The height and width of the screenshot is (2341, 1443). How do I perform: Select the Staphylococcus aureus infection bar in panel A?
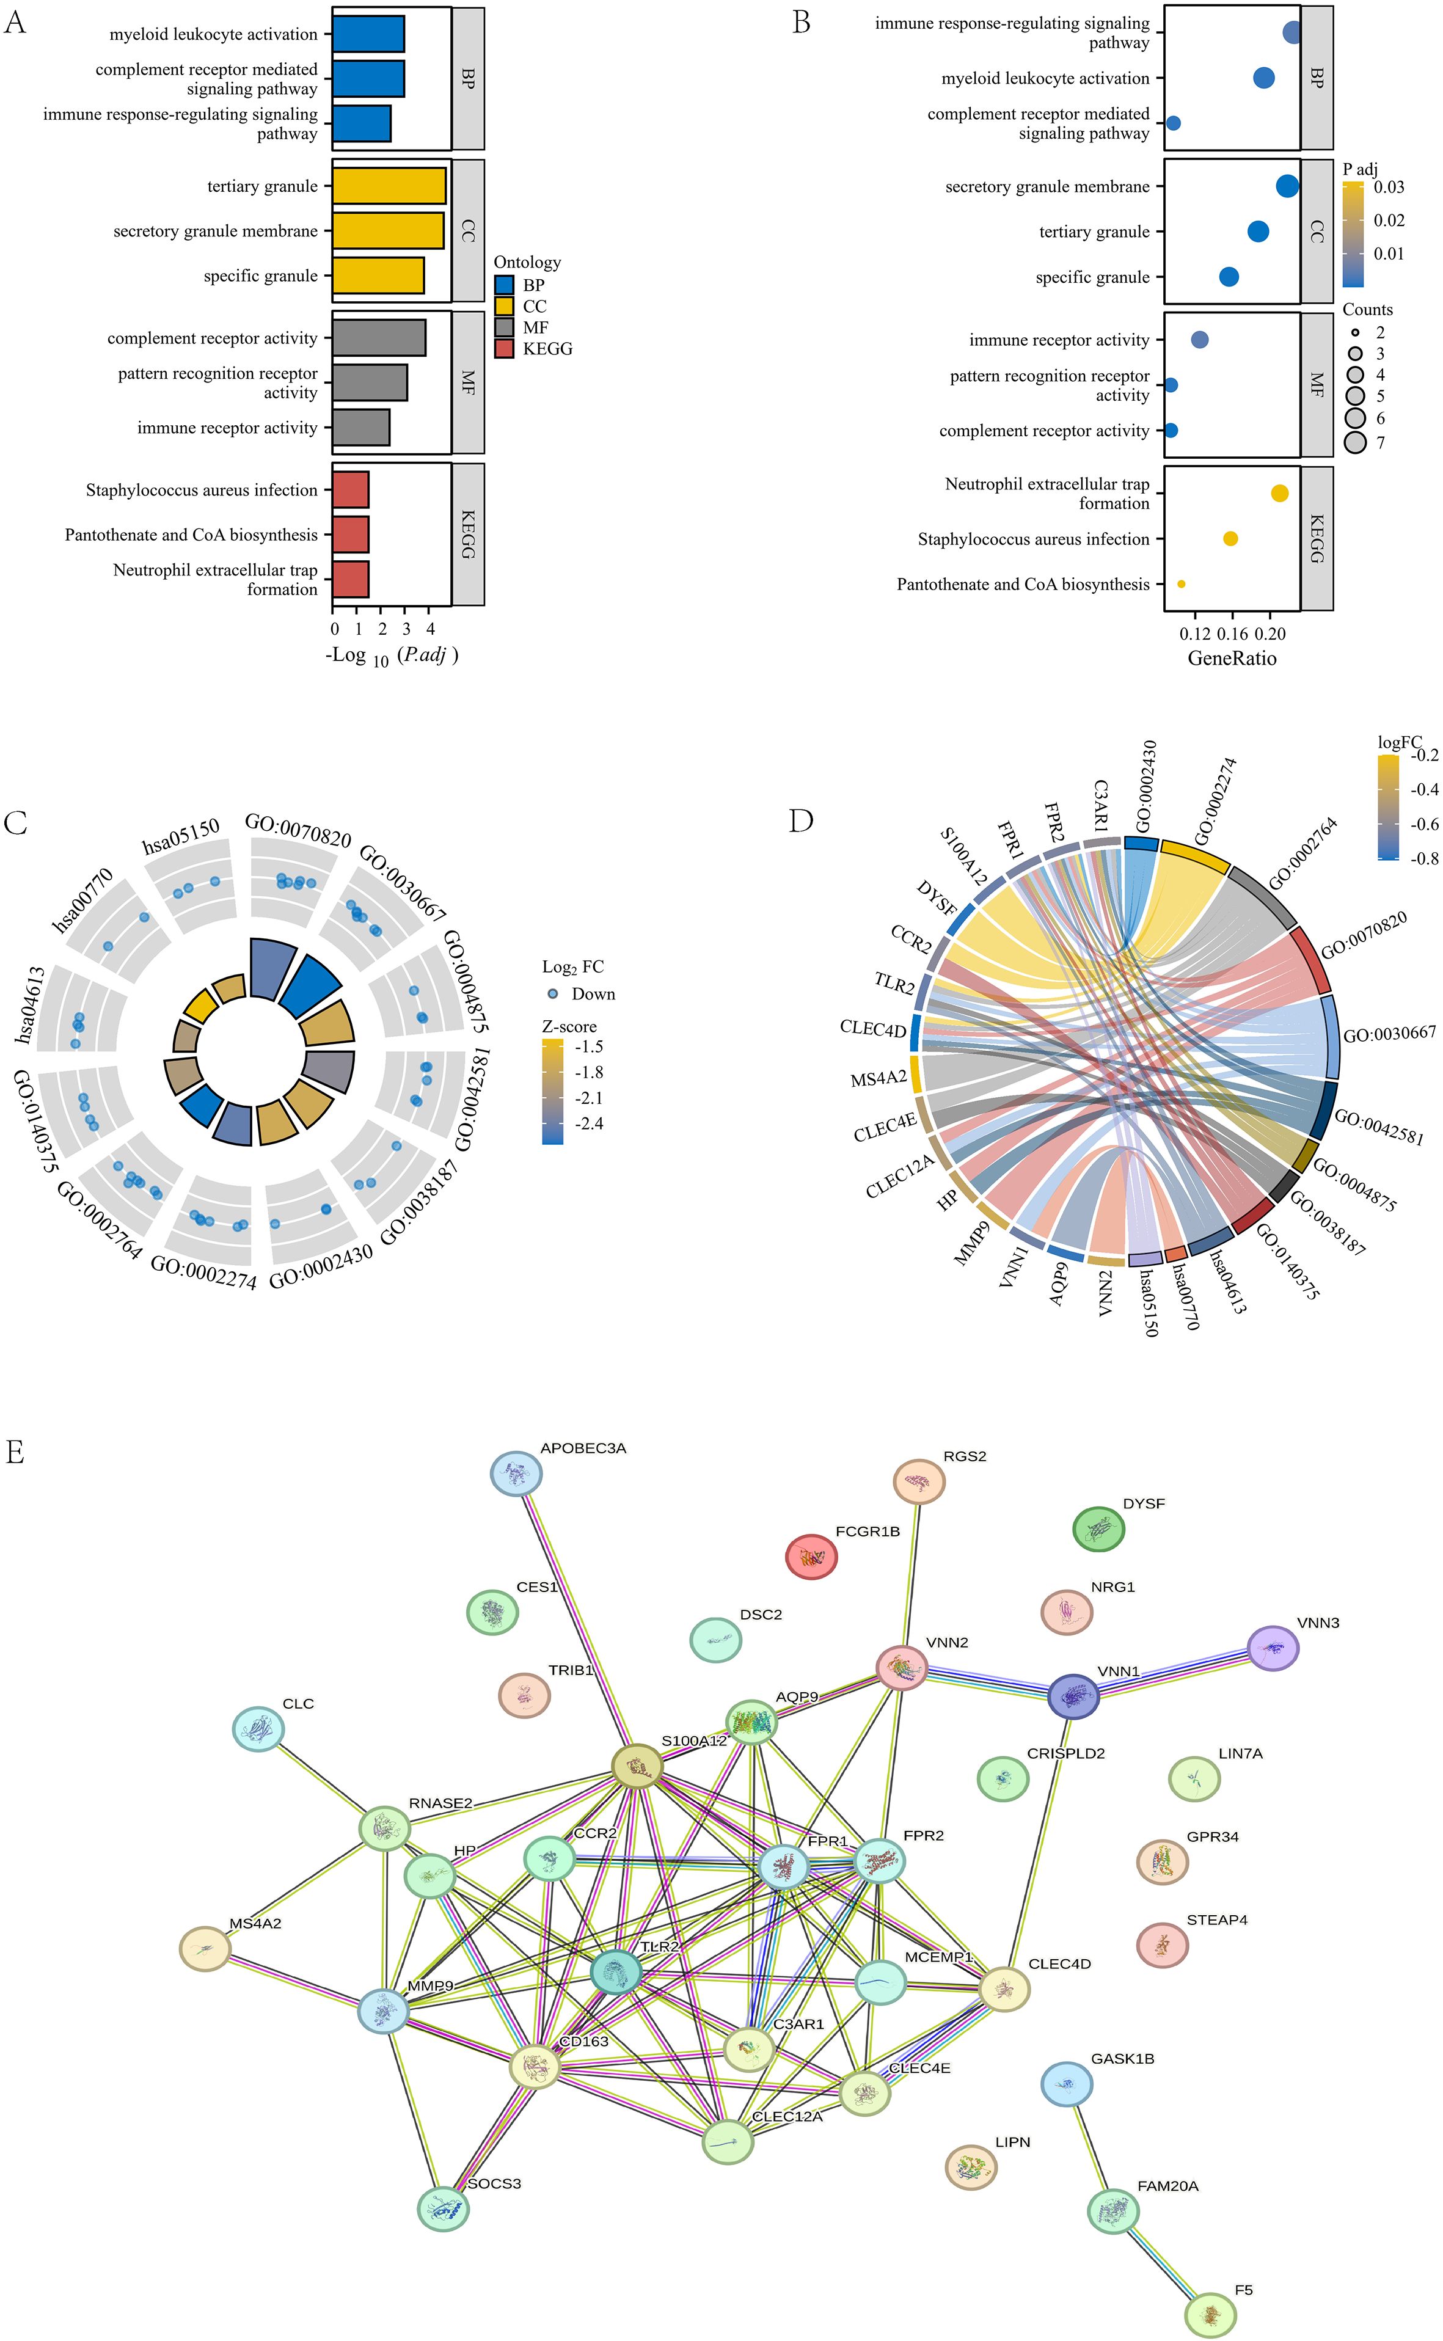pos(350,489)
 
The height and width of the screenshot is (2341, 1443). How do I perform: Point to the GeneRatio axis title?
pos(1231,657)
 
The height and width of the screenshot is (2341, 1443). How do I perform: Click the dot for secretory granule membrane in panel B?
pos(1287,187)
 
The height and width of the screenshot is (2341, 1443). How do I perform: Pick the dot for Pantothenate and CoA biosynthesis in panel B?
pos(1182,584)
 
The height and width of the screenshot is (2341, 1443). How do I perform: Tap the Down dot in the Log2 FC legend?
pos(552,993)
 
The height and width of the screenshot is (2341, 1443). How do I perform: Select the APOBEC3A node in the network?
pos(516,1475)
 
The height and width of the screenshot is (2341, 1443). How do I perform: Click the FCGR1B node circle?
pos(811,1557)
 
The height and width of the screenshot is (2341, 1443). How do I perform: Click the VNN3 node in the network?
pos(1272,1648)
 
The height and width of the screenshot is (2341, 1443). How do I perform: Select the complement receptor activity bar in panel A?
pos(378,338)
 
